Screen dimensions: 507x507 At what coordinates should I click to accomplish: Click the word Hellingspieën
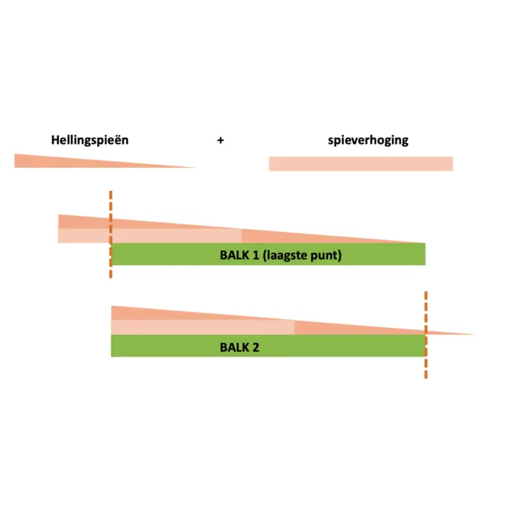pyautogui.click(x=90, y=140)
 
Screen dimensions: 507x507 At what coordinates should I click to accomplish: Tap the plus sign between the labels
pyautogui.click(x=221, y=140)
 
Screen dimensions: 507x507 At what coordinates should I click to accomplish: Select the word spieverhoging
pyautogui.click(x=368, y=140)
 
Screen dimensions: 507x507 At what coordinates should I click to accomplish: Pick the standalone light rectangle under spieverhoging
pyautogui.click(x=361, y=163)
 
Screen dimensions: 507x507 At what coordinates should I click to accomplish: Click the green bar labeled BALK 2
pyautogui.click(x=268, y=346)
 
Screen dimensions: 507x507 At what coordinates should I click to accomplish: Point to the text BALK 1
pyautogui.click(x=239, y=255)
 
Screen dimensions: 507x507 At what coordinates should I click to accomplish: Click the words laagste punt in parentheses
pyautogui.click(x=302, y=256)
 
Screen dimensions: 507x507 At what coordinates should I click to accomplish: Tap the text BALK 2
pyautogui.click(x=239, y=347)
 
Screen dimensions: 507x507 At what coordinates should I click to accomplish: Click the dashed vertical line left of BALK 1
pyautogui.click(x=111, y=234)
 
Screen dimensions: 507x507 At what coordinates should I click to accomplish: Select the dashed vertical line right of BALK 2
pyautogui.click(x=426, y=335)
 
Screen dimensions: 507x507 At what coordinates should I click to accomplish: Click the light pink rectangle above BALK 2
pyautogui.click(x=203, y=327)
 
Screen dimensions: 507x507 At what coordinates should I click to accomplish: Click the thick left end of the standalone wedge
pyautogui.click(x=15, y=161)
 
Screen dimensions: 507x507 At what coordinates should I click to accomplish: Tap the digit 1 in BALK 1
pyautogui.click(x=256, y=255)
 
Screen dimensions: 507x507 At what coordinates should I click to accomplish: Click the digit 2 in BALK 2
pyautogui.click(x=256, y=347)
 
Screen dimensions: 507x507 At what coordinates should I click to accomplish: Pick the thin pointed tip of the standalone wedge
pyautogui.click(x=195, y=168)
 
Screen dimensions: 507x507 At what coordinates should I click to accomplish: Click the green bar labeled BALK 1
pyautogui.click(x=268, y=254)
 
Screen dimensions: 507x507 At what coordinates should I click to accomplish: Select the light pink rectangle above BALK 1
pyautogui.click(x=150, y=236)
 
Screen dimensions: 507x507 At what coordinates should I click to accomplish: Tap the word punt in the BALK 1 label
pyautogui.click(x=324, y=256)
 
